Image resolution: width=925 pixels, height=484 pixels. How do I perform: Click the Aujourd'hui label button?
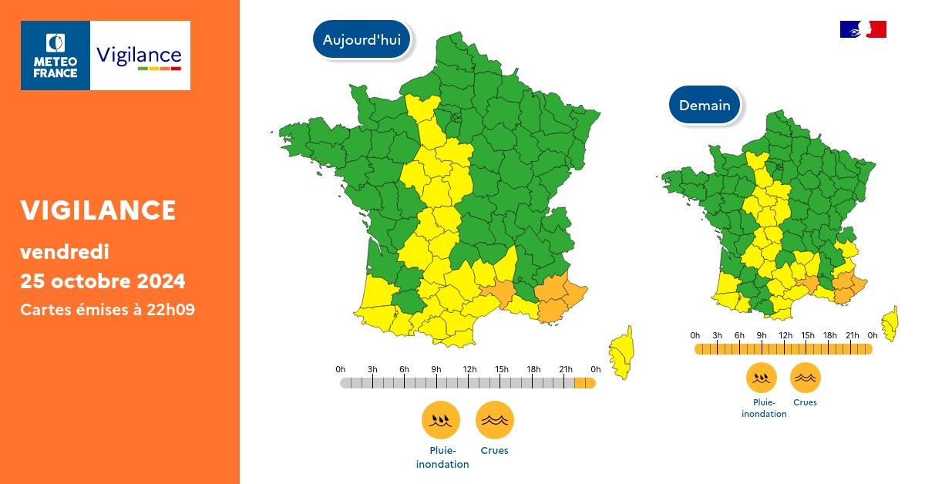pos(362,40)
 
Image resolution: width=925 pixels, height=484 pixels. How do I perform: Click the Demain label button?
pos(705,106)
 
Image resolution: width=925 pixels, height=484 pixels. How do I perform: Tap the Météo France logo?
pos(55,55)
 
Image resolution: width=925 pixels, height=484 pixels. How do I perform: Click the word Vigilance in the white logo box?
pos(140,55)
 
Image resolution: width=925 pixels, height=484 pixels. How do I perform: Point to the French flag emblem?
pos(863,29)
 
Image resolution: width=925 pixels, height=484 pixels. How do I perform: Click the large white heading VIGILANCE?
pos(98,210)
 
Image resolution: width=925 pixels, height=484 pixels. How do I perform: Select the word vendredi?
pos(65,251)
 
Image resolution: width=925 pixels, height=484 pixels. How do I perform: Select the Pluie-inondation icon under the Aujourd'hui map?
pos(441,420)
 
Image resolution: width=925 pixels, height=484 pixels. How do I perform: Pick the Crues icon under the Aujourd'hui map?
pos(495,420)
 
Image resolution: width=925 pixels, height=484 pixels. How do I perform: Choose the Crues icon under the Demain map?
pos(805,378)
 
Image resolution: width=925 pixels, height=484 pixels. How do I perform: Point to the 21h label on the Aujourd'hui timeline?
pos(565,370)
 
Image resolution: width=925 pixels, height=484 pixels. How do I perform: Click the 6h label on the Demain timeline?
pos(739,335)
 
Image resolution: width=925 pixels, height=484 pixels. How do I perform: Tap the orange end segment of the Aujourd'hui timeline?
pos(585,383)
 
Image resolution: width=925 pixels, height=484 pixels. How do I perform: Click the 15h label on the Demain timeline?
pos(808,335)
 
